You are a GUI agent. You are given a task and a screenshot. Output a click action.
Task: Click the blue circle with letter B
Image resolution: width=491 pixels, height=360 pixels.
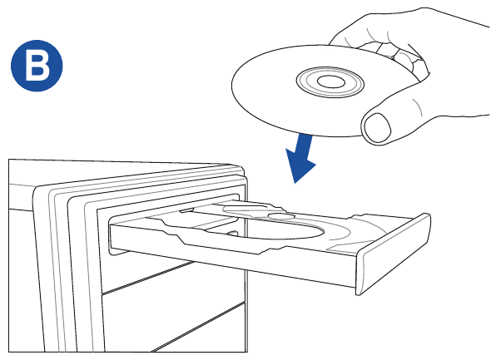(37, 66)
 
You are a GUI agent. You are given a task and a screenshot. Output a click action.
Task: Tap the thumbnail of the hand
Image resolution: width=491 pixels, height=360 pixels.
(378, 127)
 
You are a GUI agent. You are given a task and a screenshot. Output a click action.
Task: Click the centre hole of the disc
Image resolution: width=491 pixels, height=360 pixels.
(331, 82)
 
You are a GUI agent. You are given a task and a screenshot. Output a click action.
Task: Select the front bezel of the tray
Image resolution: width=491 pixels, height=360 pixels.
(393, 254)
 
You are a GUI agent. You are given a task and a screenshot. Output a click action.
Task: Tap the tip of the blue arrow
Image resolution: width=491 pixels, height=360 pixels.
(295, 183)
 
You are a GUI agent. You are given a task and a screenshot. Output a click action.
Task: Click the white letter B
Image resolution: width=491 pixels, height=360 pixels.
(37, 66)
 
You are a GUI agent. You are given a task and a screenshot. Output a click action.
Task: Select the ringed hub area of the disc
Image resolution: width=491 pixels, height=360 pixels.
(330, 82)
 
